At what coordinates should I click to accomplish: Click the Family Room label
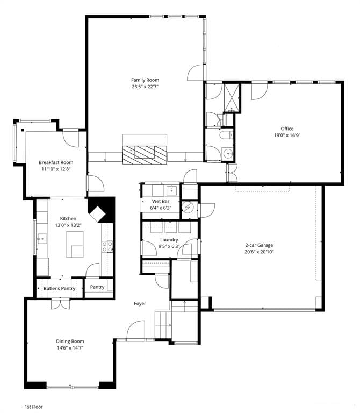click(145, 80)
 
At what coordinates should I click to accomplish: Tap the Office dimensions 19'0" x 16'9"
click(287, 136)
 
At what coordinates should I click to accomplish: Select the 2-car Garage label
click(259, 245)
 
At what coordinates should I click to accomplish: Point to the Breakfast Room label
click(56, 162)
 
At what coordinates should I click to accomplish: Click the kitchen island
click(75, 244)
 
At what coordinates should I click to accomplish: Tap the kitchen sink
click(42, 239)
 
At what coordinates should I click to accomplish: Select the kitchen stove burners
click(107, 246)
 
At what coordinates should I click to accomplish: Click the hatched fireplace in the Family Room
click(145, 155)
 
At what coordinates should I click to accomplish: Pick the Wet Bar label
click(161, 201)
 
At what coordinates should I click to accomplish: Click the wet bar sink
click(171, 189)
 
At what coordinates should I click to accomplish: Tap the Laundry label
click(169, 240)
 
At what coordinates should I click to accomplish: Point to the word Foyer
click(140, 303)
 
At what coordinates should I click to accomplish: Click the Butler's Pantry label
click(60, 288)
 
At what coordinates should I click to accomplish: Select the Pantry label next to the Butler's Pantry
click(97, 287)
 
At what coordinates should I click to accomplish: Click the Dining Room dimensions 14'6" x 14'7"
click(70, 348)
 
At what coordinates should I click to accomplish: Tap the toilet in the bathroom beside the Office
click(226, 135)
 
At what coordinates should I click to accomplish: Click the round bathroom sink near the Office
click(227, 153)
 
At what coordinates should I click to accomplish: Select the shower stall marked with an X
click(232, 98)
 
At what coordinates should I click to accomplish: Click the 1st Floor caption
click(34, 407)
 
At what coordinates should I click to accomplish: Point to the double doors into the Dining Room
click(61, 303)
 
